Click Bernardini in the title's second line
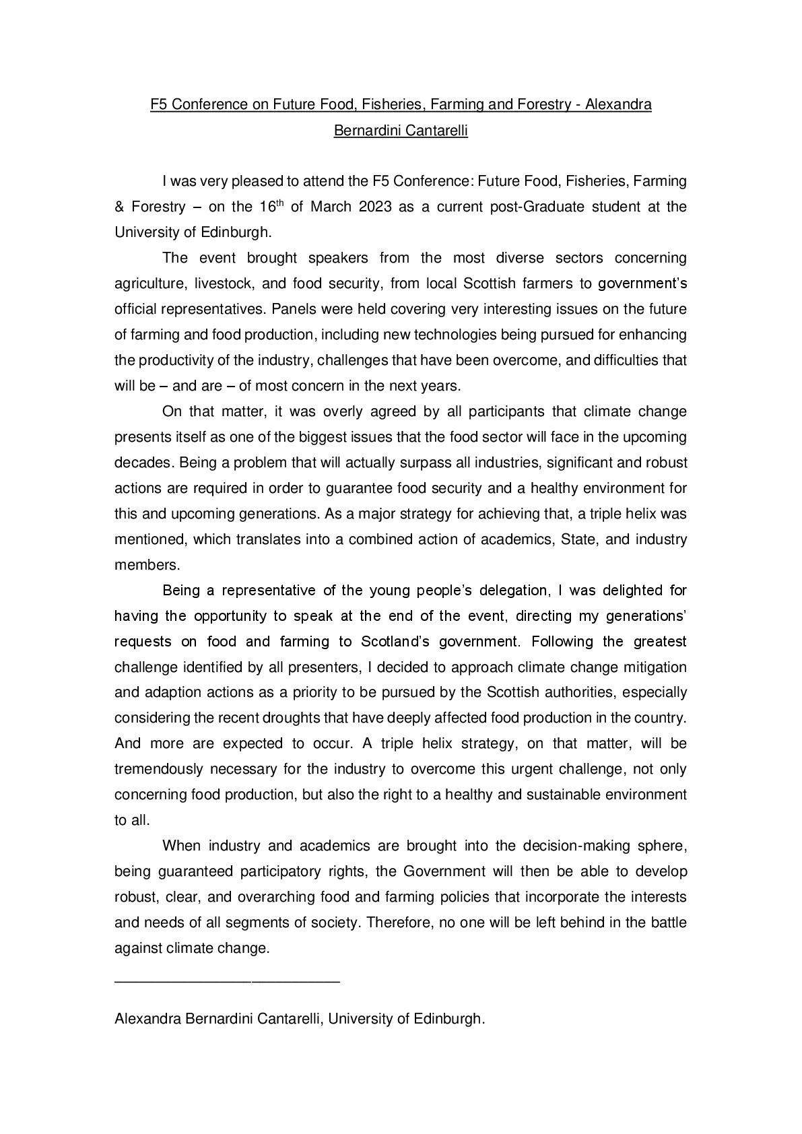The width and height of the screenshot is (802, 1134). [367, 131]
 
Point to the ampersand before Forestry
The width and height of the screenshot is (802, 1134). [119, 207]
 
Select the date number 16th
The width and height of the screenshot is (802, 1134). [267, 205]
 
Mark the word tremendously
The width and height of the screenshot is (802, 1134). [159, 769]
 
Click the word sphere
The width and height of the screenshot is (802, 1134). [665, 846]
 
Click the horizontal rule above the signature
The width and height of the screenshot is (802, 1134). [227, 983]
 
